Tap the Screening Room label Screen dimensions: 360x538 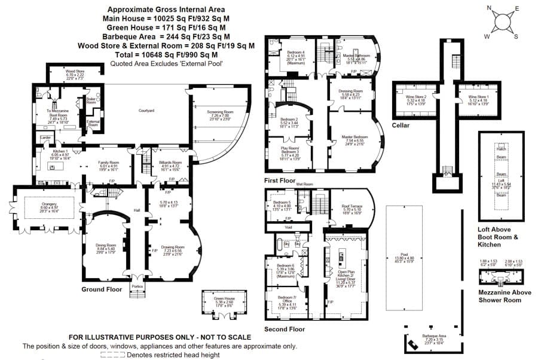point(220,111)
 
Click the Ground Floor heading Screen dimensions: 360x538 point(105,289)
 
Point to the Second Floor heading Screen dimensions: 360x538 point(285,328)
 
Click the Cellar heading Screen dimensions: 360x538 point(400,125)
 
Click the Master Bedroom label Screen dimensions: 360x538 point(354,137)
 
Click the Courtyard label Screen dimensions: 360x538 point(146,111)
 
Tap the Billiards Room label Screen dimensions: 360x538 point(171,162)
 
